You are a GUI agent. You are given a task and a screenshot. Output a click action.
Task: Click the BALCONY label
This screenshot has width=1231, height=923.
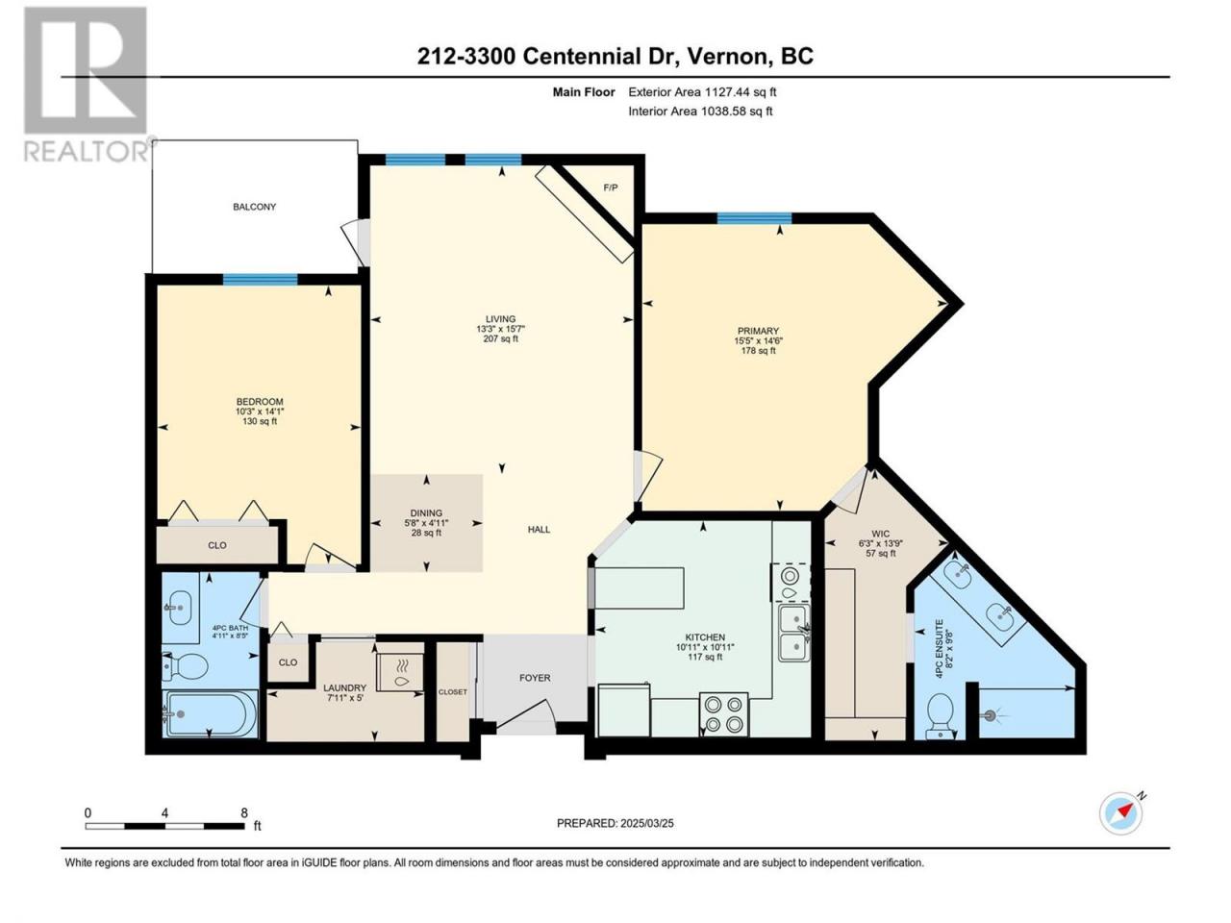click(255, 207)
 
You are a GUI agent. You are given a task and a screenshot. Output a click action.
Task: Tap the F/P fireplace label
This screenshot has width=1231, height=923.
click(611, 187)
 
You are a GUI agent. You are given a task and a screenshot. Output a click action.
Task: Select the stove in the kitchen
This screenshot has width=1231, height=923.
click(723, 714)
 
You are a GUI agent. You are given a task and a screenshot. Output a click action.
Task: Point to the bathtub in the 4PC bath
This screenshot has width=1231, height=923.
click(211, 713)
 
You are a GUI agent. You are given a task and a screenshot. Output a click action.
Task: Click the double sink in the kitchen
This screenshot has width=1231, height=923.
click(794, 634)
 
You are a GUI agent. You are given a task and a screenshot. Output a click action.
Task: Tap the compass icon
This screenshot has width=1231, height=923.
click(1120, 814)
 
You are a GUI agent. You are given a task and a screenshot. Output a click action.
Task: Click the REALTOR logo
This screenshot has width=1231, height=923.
click(88, 84)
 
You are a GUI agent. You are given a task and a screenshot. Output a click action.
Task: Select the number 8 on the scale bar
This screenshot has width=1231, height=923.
click(244, 812)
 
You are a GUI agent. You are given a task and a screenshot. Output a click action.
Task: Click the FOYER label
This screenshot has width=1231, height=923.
click(535, 678)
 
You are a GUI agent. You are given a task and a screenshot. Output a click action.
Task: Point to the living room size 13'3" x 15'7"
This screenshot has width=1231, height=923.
click(500, 329)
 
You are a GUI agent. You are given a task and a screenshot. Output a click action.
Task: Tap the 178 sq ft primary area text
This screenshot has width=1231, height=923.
click(758, 351)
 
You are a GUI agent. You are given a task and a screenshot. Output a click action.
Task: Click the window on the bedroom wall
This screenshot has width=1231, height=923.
click(261, 279)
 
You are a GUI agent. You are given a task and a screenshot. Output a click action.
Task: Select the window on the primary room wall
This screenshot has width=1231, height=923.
click(754, 218)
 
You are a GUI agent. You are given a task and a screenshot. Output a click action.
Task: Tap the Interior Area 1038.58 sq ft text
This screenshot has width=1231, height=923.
click(700, 111)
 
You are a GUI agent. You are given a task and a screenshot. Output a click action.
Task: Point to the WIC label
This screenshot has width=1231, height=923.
click(881, 534)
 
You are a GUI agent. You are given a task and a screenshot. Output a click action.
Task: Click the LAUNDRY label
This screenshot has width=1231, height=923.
click(345, 687)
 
